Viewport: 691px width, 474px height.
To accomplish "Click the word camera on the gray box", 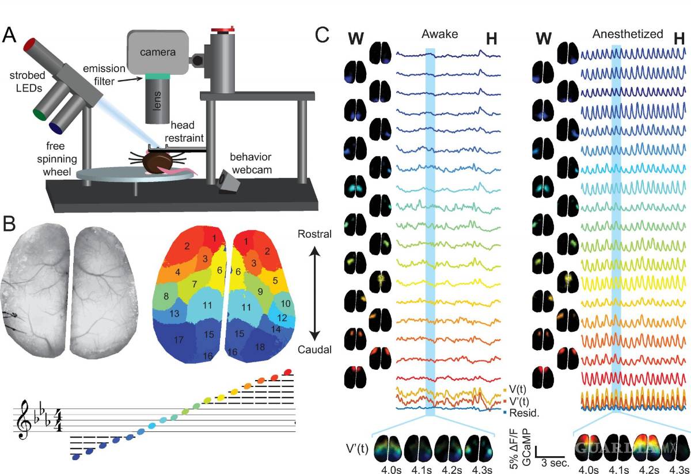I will click(158, 52).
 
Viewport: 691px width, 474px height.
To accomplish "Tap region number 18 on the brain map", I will click(260, 346).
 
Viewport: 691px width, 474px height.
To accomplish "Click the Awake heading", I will click(438, 34).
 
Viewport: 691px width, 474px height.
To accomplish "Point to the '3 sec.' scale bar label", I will click(554, 462).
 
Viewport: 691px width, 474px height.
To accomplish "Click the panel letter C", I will click(323, 36).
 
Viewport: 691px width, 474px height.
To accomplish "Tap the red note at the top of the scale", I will click(288, 371).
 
